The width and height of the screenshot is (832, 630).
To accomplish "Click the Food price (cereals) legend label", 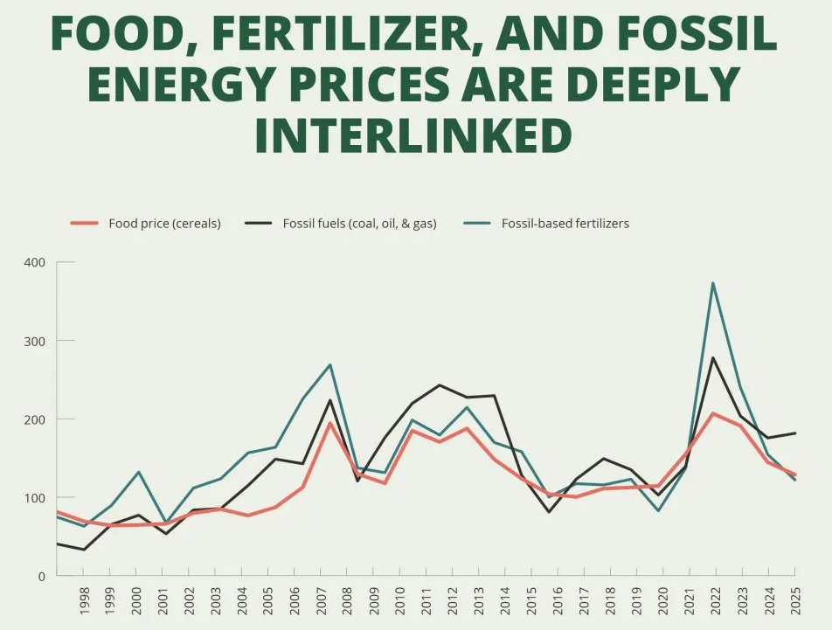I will click(x=164, y=224).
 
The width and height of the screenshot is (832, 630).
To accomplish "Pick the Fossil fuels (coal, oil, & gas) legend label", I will click(x=359, y=224).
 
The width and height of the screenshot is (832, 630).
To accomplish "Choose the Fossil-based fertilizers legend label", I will click(x=565, y=224).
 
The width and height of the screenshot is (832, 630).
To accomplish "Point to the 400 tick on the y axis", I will click(x=35, y=262).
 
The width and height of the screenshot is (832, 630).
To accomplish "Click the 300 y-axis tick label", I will click(x=35, y=341).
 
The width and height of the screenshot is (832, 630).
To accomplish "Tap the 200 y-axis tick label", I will click(x=35, y=419).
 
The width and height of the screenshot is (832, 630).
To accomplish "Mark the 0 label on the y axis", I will click(x=41, y=577).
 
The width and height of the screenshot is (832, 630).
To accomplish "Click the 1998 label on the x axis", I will click(x=85, y=601).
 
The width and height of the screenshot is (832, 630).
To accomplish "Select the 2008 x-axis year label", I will click(x=348, y=601).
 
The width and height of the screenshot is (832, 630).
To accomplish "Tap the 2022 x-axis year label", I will click(x=716, y=601).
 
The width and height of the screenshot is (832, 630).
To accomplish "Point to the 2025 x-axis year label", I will click(x=794, y=601).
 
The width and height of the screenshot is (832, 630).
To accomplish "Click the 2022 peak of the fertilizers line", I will click(x=713, y=283).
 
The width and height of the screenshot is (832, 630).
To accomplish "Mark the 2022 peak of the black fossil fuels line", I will click(x=713, y=357).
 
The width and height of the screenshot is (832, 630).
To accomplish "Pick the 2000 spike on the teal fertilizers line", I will click(x=137, y=472).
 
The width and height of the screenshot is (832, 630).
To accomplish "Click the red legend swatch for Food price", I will click(x=85, y=224).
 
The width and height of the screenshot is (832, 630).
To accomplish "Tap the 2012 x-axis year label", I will click(x=453, y=601).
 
